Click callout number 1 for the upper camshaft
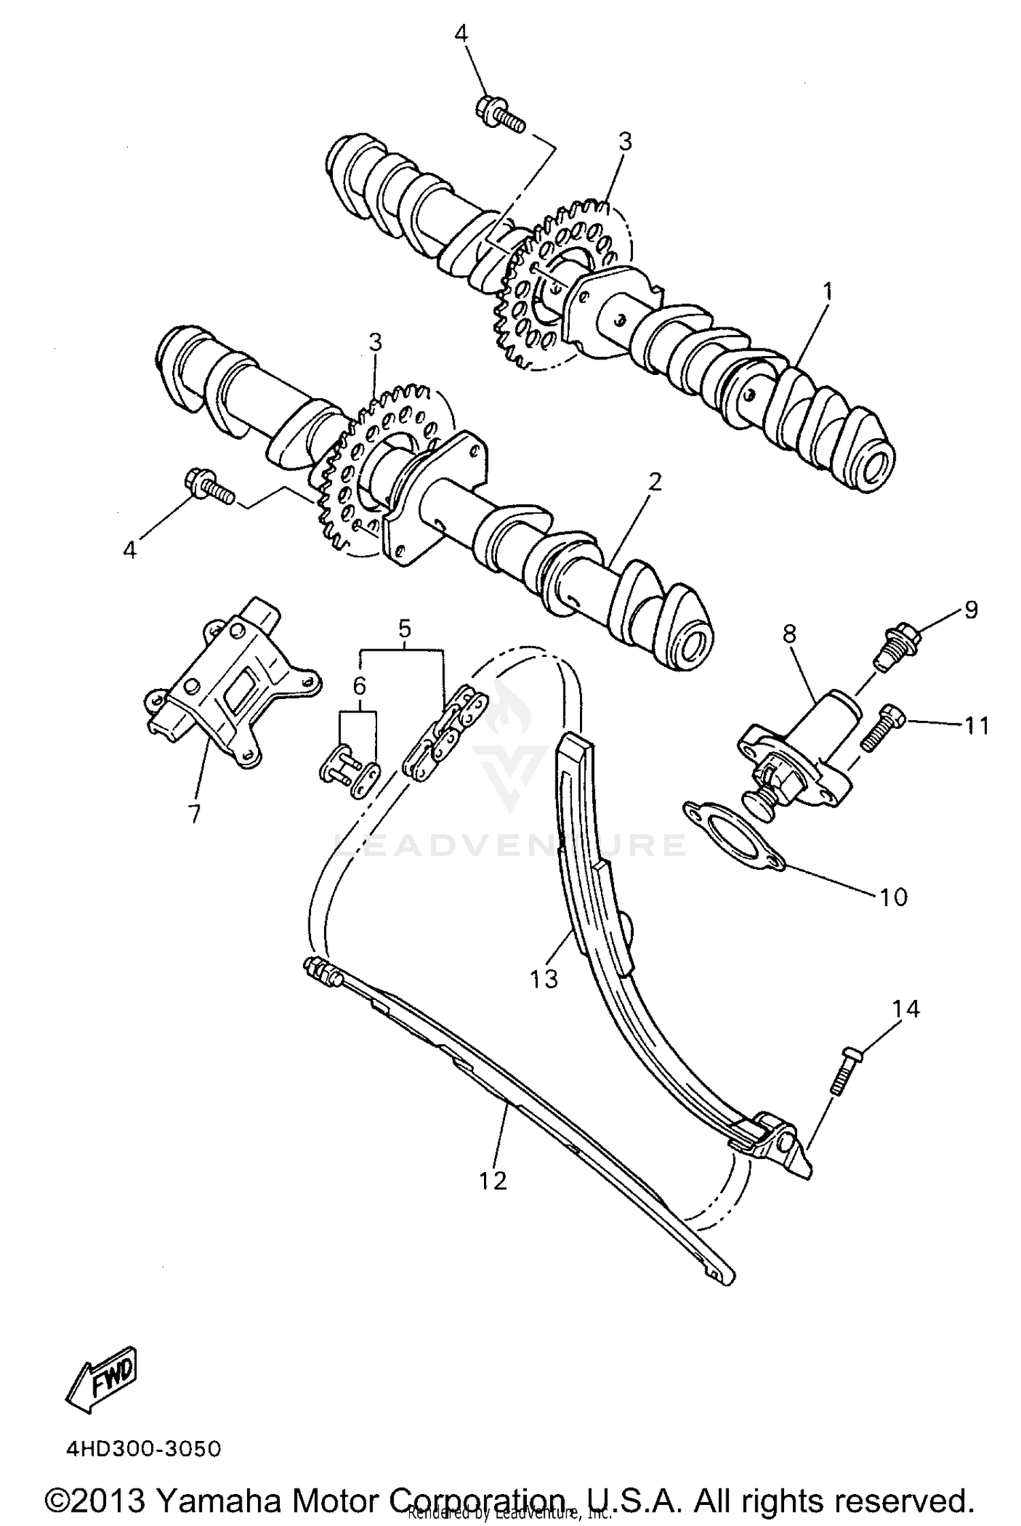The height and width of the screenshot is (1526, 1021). (x=827, y=293)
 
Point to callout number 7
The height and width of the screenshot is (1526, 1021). (x=194, y=813)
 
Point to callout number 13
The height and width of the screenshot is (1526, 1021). (x=545, y=979)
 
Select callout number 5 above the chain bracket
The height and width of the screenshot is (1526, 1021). (x=404, y=628)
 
